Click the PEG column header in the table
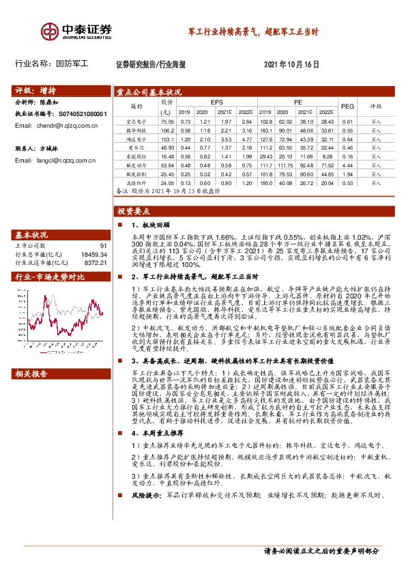pyautogui.click(x=347, y=106)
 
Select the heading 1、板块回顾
pyautogui.click(x=150, y=225)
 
